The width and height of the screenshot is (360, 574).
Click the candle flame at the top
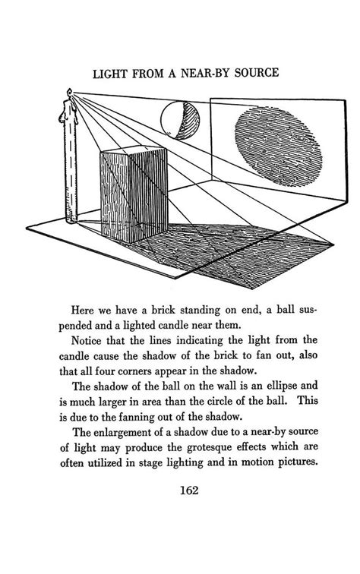pos(70,95)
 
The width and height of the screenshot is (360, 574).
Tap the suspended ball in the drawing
pos(180,122)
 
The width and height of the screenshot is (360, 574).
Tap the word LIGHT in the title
pos(109,74)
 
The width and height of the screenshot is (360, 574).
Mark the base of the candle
pos(71,220)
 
